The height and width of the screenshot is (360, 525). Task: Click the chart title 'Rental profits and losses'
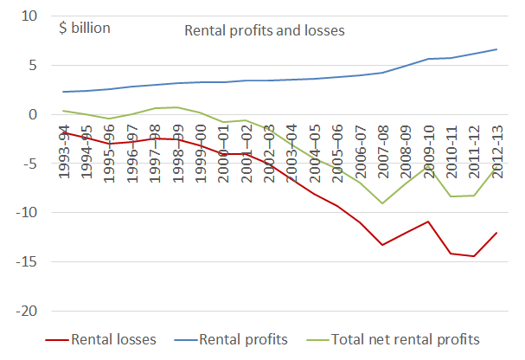(x=265, y=31)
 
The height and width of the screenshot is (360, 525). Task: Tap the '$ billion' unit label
(x=84, y=28)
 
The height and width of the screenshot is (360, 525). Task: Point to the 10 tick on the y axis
(x=31, y=16)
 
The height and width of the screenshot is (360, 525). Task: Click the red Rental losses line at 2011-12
(x=473, y=256)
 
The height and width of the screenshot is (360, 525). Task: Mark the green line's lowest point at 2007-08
(x=382, y=203)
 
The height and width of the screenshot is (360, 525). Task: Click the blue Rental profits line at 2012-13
(x=496, y=49)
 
